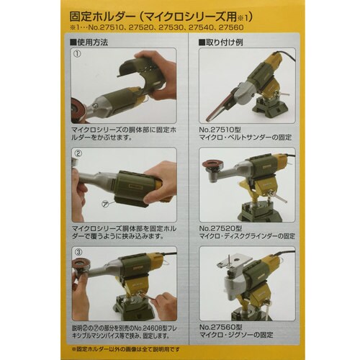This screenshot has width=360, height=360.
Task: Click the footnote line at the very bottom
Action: pos(179,350)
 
